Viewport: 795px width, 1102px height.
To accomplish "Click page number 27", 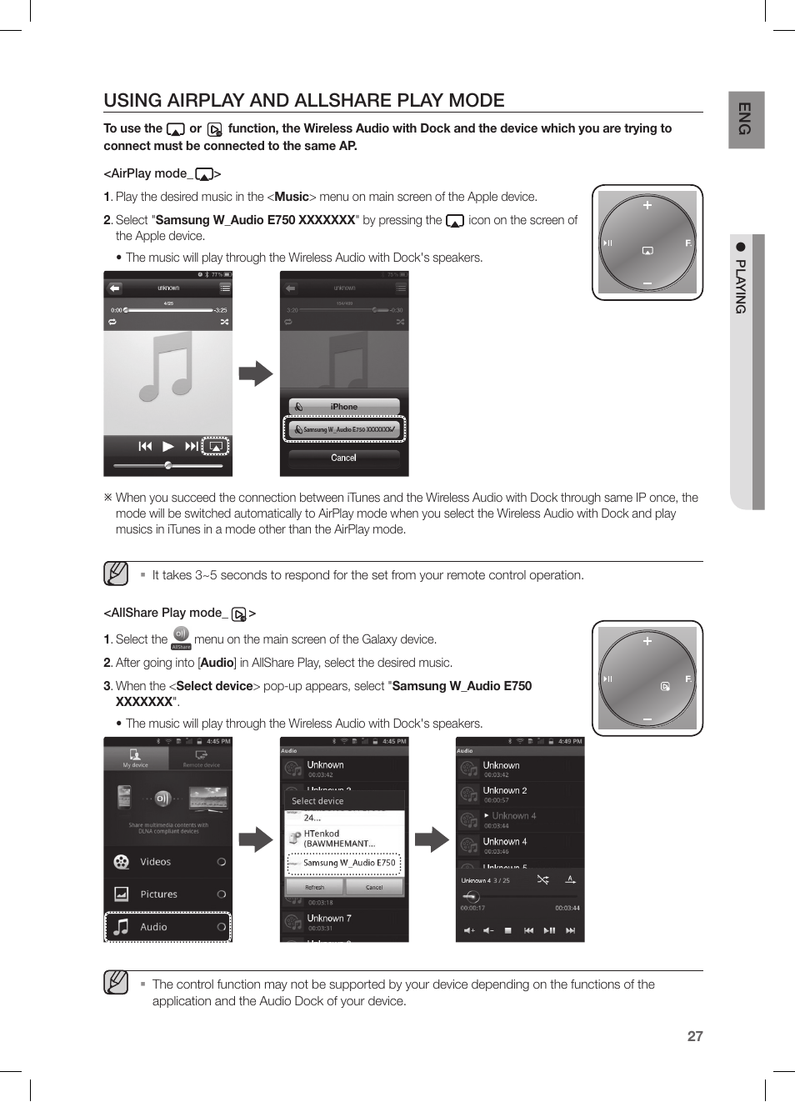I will [x=695, y=1036].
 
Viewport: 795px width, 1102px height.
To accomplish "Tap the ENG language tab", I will [x=746, y=119].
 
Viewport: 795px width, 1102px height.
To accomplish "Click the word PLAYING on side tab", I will [x=741, y=286].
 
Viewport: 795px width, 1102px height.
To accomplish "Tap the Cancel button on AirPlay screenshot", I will [x=343, y=458].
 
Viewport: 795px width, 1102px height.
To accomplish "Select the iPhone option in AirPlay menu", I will [x=343, y=407].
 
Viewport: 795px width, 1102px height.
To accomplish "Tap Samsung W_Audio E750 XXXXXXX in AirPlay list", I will [x=344, y=429].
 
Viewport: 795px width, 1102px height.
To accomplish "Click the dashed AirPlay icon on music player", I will [x=215, y=446].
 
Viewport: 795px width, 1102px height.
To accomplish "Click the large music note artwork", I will [x=167, y=366].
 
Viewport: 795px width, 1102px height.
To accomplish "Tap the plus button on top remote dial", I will [x=647, y=205].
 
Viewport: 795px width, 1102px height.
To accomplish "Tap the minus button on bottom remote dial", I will [x=647, y=719].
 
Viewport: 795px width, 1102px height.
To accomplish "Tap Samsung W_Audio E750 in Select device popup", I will [x=344, y=863].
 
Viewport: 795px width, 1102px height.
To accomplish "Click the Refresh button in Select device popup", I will [x=314, y=888].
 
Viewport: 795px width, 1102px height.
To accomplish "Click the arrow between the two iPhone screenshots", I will [x=256, y=373].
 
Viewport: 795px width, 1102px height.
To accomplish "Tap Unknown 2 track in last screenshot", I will [x=505, y=790].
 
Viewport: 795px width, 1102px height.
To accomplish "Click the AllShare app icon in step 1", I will [x=181, y=635].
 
